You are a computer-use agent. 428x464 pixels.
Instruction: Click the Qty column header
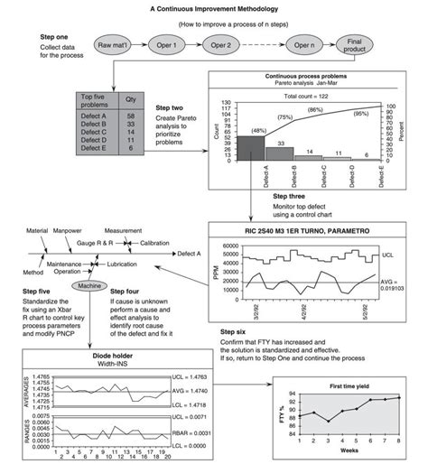(132, 101)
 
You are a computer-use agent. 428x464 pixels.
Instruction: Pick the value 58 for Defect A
(132, 116)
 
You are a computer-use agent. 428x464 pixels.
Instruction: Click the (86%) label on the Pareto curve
(316, 109)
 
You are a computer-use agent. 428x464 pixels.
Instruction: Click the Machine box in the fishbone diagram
(88, 285)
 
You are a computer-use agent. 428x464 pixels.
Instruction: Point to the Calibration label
(155, 243)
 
